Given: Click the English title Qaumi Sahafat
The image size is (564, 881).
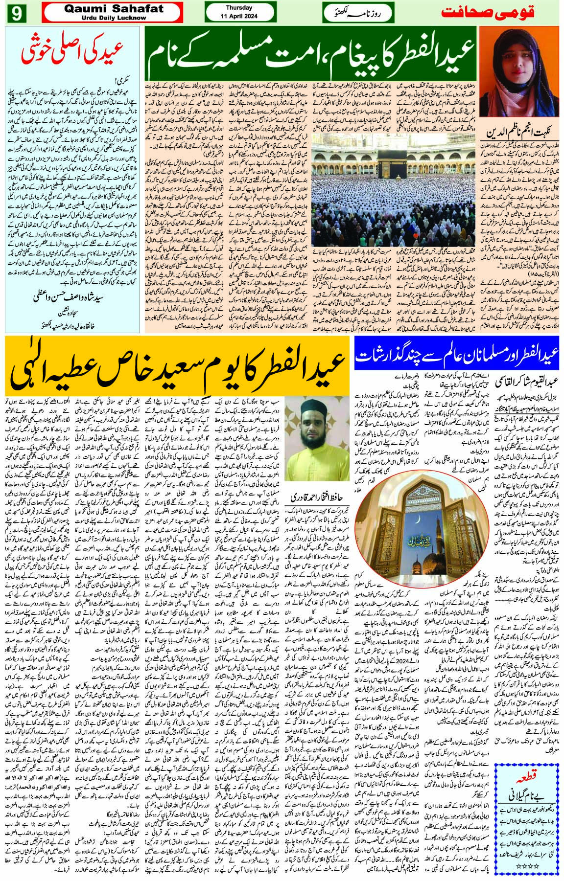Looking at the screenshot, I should (112, 8).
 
